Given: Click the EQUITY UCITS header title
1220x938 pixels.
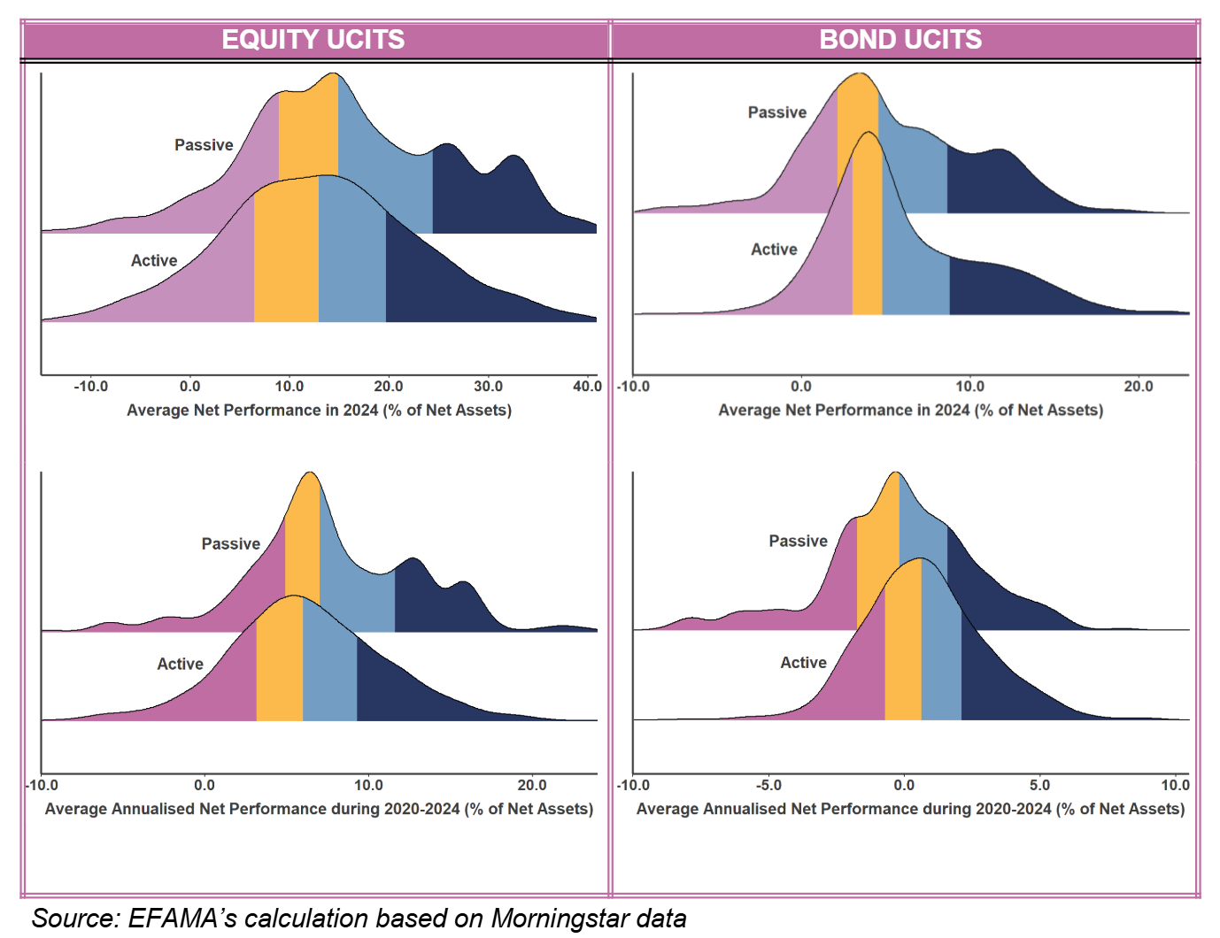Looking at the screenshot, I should click(x=313, y=40).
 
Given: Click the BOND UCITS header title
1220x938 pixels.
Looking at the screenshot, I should click(x=900, y=40).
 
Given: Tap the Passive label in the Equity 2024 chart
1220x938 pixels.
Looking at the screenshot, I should click(x=204, y=145).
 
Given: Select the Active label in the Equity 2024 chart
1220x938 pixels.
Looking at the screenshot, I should click(x=154, y=261).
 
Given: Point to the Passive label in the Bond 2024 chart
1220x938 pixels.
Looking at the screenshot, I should click(x=777, y=112).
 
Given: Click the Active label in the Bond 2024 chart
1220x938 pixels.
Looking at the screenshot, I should click(x=774, y=250).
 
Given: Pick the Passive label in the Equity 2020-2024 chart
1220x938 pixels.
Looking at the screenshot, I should click(x=231, y=544).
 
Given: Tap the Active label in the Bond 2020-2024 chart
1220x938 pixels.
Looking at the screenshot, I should click(x=803, y=663).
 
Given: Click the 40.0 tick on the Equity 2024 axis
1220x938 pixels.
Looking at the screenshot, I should click(x=587, y=387).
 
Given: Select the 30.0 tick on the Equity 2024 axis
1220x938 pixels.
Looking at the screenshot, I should click(x=488, y=387).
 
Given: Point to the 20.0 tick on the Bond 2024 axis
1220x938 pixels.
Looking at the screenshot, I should click(x=1138, y=387).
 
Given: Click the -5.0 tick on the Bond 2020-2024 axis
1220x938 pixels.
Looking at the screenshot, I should click(x=768, y=785).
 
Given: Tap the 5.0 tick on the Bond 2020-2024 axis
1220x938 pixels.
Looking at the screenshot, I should click(x=1039, y=785).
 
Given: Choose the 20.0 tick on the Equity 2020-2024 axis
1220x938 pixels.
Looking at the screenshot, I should click(x=532, y=785).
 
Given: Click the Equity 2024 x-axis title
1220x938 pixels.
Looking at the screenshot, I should click(x=319, y=411).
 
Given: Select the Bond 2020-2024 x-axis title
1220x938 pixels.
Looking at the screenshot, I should click(x=910, y=809).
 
